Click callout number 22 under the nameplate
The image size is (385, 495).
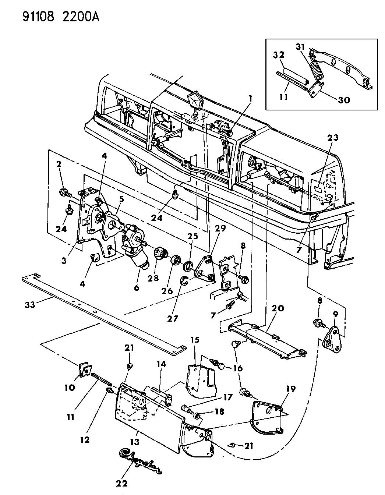pyautogui.click(x=121, y=483)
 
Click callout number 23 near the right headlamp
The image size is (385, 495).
pyautogui.click(x=333, y=138)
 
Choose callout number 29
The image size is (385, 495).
pyautogui.click(x=220, y=229)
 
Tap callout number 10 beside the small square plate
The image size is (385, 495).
pyautogui.click(x=70, y=387)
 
